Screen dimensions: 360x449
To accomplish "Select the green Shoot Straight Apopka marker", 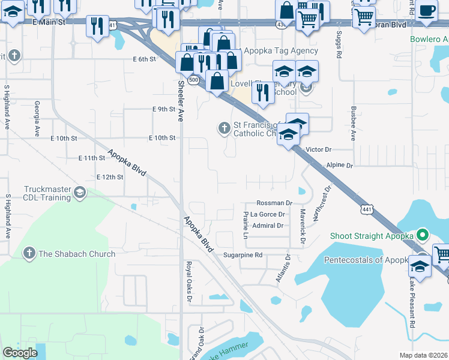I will (x=422, y=236).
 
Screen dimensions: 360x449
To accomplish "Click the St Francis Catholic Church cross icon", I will (x=223, y=128).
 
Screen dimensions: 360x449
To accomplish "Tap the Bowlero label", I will (x=429, y=40).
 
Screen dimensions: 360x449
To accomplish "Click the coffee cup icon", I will (x=427, y=11).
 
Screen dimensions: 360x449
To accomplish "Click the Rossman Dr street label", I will (x=274, y=203).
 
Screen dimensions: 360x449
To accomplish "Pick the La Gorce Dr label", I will (x=267, y=214).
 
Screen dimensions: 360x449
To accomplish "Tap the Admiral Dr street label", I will (x=268, y=226).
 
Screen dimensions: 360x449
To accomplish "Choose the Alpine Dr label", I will (x=340, y=164).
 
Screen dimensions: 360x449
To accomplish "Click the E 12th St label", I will (x=110, y=177).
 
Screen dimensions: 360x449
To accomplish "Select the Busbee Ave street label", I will (x=354, y=124).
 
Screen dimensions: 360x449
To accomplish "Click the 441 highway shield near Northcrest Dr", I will (x=366, y=208).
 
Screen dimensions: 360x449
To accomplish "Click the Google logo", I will (x=20, y=353).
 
